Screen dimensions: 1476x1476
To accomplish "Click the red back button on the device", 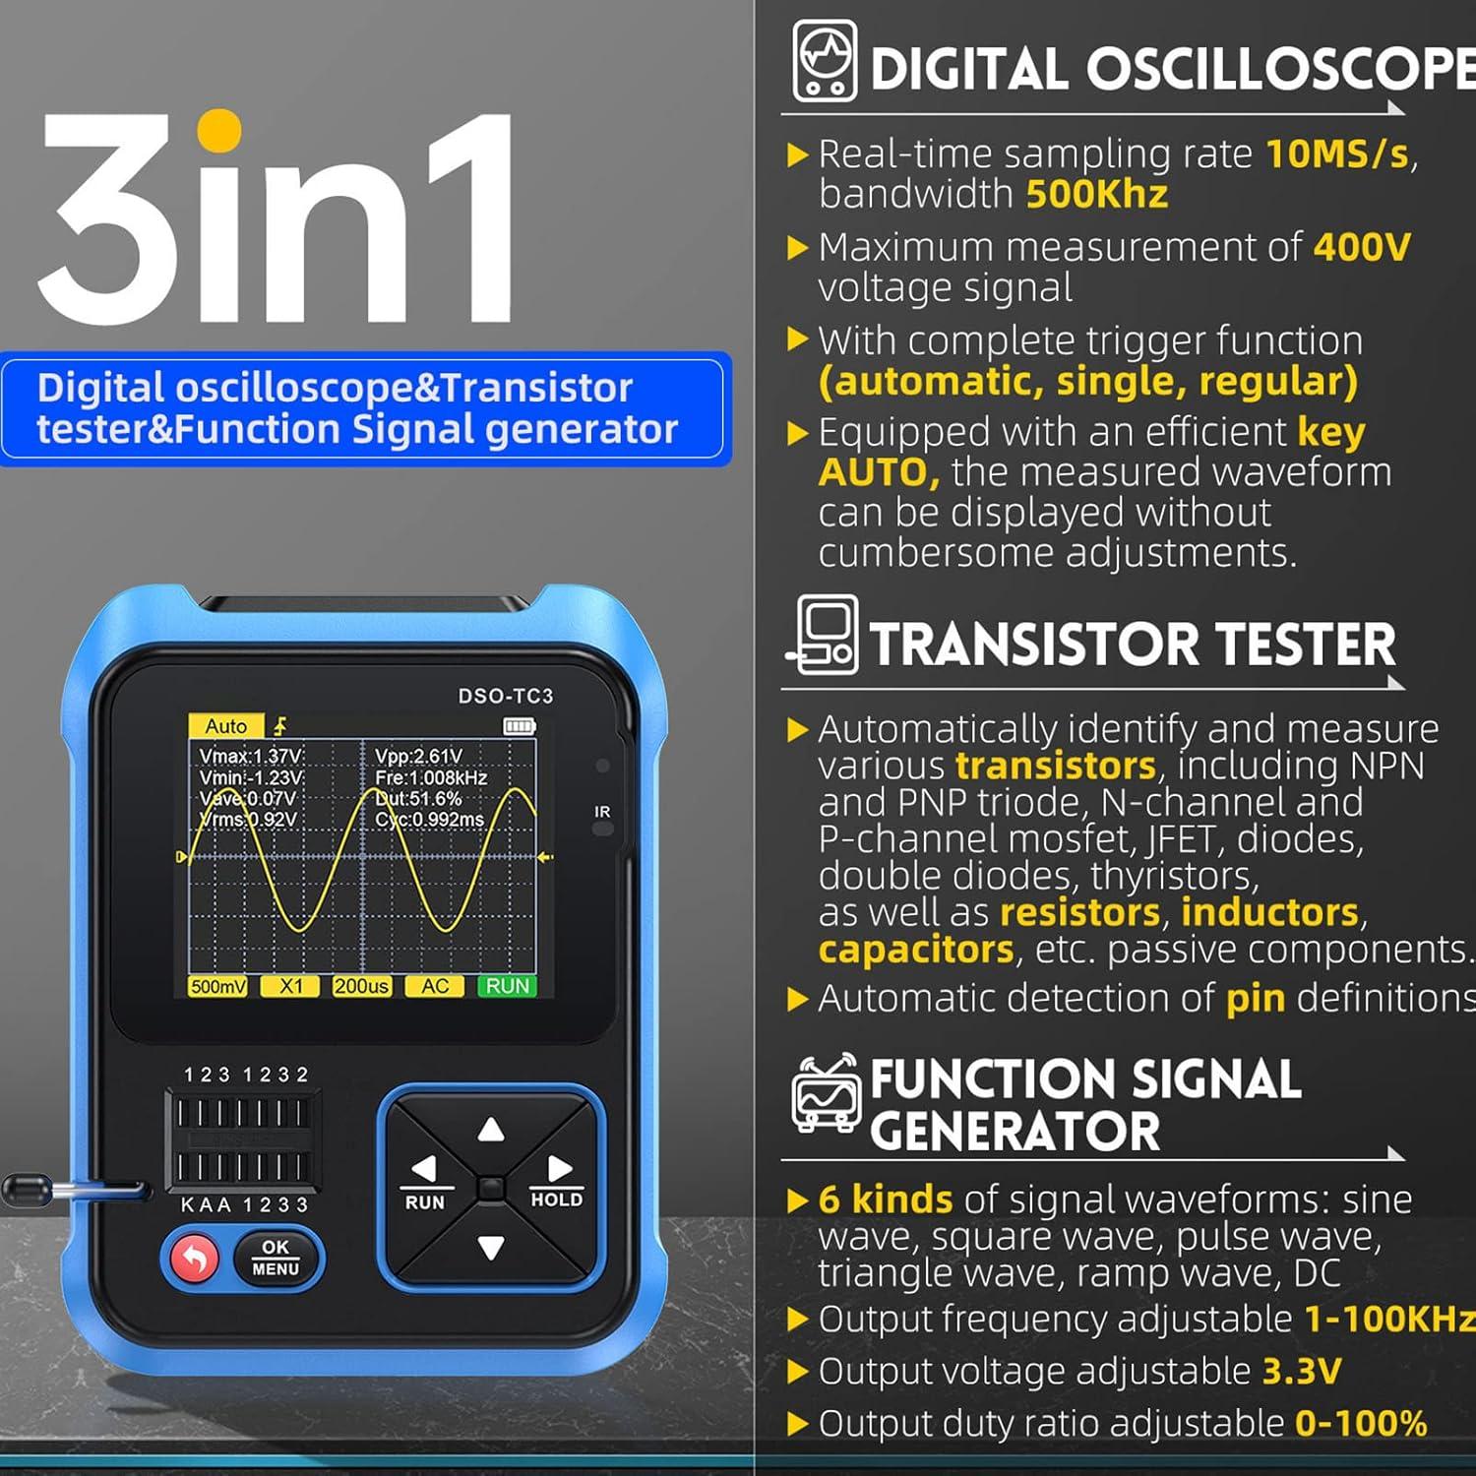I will (x=194, y=1259).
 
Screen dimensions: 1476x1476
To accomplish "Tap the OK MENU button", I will (x=276, y=1258).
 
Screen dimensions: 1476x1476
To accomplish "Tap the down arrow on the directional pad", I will (x=491, y=1248).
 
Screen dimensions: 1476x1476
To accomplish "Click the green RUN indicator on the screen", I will (x=508, y=986).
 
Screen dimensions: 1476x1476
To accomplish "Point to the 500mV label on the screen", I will (x=217, y=986).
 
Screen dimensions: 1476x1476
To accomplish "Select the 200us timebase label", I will (x=361, y=986).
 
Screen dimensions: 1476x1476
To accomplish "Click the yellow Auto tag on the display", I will (x=225, y=726).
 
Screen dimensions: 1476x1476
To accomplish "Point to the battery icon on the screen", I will (x=519, y=726).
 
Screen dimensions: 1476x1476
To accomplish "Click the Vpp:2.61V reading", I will (x=418, y=756).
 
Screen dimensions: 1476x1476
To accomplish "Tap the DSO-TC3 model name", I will (x=506, y=696).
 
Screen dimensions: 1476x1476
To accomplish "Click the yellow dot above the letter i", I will (x=218, y=131).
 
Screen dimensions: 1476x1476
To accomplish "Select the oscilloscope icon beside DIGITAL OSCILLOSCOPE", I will (x=825, y=62).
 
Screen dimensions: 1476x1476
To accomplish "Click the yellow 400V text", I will (x=1362, y=247).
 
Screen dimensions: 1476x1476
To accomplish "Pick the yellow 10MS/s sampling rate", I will (x=1337, y=154).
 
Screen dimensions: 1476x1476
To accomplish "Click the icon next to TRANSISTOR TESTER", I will (x=825, y=636).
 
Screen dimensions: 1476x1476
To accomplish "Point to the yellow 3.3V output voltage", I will (x=1302, y=1371).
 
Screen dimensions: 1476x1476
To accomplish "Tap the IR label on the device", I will (x=602, y=812).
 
